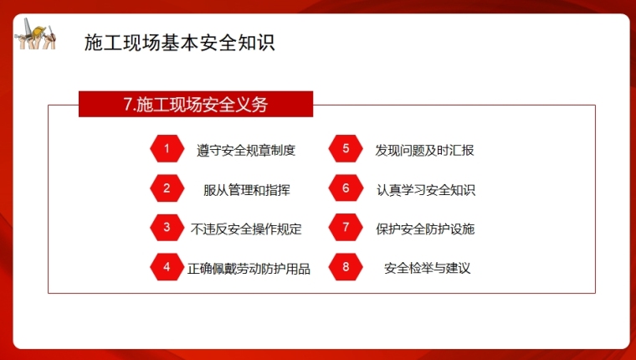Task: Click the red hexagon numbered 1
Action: point(167,148)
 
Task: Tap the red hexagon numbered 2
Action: point(167,188)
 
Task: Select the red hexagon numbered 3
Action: point(167,227)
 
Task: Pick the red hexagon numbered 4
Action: point(167,267)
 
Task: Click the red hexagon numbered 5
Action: point(346,148)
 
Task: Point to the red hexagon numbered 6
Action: point(346,188)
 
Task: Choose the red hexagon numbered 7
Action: point(346,227)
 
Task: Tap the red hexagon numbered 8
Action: point(346,267)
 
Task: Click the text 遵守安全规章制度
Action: point(246,150)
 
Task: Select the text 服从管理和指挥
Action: point(247,190)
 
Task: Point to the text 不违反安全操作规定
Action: point(246,229)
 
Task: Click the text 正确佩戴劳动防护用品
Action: point(249,269)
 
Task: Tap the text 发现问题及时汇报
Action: point(424,150)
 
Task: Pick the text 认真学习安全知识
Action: point(426,190)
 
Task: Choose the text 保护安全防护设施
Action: point(425,229)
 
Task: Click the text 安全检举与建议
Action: point(427,268)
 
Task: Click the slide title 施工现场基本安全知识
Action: point(180,43)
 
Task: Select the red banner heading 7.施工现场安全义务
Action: point(196,105)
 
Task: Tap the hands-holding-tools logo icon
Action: point(36,34)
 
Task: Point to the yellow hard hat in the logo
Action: point(38,32)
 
